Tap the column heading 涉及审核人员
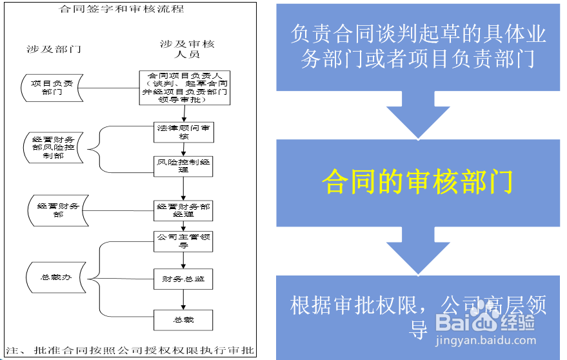coord(187,49)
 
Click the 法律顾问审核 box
coord(184,132)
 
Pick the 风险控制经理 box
coord(184,166)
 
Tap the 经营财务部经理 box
coord(184,210)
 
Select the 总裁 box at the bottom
coord(184,319)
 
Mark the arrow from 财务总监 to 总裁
coord(184,299)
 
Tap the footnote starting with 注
coord(130,352)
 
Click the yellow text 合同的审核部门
coord(417,182)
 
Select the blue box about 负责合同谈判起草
coord(418,46)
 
